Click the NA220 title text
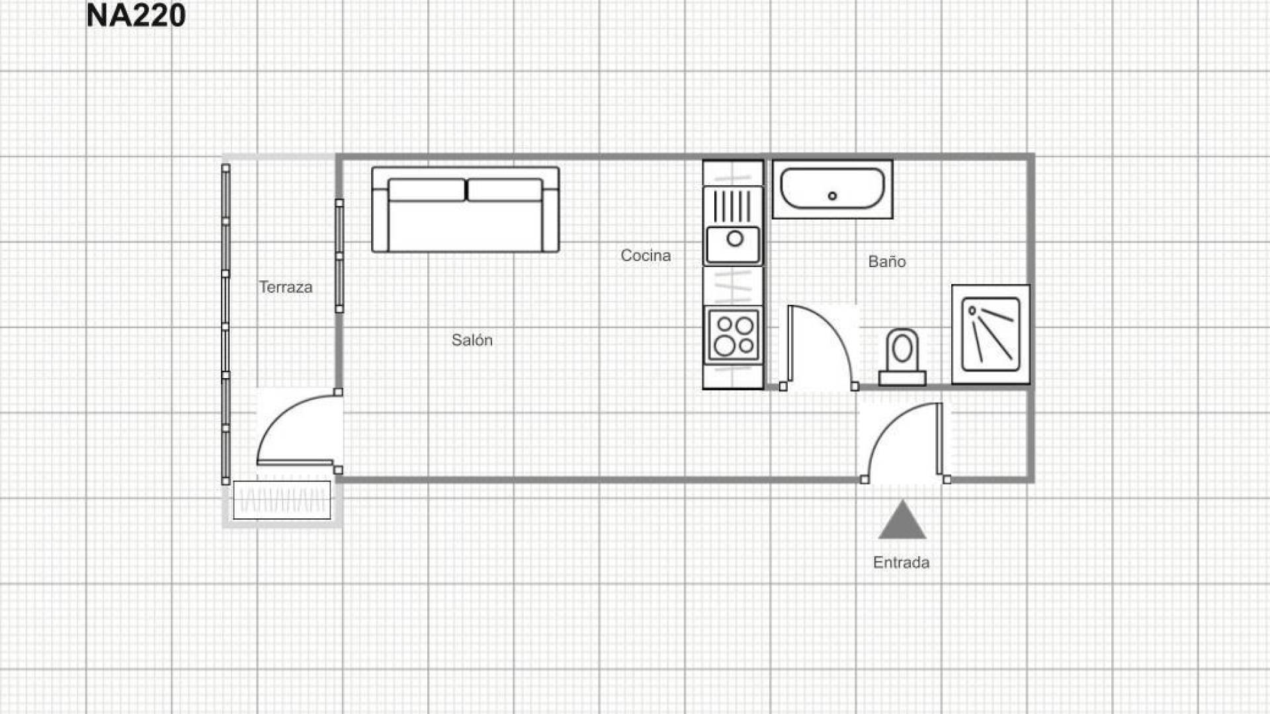coord(136,15)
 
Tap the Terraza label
coord(285,287)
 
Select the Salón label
coord(472,340)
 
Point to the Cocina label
coord(646,255)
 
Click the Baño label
coord(887,261)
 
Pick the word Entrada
coord(901,563)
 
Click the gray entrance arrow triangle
coord(902,520)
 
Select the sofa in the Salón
coord(466,209)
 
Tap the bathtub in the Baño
coord(832,189)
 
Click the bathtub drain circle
coord(832,196)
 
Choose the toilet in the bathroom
coord(902,357)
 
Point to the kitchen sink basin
coord(733,244)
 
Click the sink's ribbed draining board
coord(733,206)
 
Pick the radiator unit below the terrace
coord(282,500)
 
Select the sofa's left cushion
coord(426,190)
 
